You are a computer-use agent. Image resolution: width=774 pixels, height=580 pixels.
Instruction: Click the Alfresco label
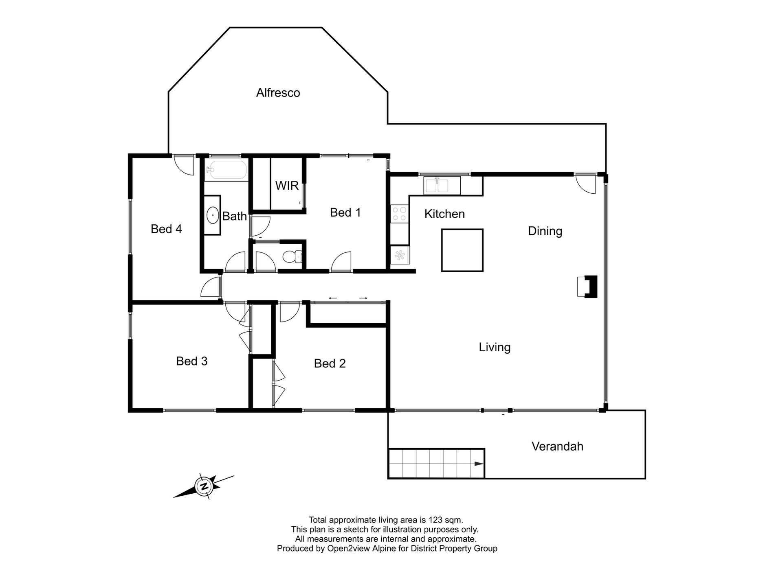coord(278,93)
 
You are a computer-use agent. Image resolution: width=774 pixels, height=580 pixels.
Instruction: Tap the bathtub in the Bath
coord(227,170)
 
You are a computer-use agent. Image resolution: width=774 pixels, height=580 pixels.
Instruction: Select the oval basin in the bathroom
coord(213,215)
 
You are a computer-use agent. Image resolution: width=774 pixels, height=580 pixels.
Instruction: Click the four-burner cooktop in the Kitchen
coord(399,214)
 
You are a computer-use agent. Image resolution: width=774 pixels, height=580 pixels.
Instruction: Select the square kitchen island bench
coord(462,250)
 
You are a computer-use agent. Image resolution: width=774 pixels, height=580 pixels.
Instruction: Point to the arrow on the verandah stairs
coord(478,464)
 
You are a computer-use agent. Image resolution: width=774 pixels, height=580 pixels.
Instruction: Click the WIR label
coord(287,186)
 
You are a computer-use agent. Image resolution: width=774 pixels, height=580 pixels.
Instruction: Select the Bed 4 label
coord(166,229)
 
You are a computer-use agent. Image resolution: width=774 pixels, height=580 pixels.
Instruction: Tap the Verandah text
coord(557,446)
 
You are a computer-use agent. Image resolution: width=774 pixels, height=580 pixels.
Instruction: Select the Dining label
coord(545,231)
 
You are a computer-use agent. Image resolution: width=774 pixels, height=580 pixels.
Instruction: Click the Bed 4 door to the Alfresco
coord(183,165)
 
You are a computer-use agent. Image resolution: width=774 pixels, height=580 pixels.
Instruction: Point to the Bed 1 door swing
coord(341,261)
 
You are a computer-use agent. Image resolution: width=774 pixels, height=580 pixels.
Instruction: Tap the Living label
coord(494,347)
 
